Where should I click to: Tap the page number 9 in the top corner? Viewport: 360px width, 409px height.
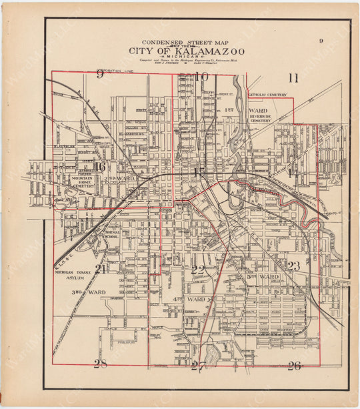pyautogui.click(x=321, y=41)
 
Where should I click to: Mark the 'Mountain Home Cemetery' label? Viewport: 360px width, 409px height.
pyautogui.click(x=83, y=182)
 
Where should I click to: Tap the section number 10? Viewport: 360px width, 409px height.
pyautogui.click(x=201, y=77)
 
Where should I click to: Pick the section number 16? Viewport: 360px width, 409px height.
pyautogui.click(x=100, y=167)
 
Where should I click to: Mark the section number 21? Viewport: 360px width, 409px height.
pyautogui.click(x=101, y=269)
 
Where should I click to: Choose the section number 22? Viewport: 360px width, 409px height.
pyautogui.click(x=198, y=270)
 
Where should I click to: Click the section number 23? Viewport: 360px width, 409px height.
pyautogui.click(x=293, y=266)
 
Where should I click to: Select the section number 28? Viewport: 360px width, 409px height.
pyautogui.click(x=100, y=364)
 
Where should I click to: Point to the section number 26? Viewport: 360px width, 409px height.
pyautogui.click(x=294, y=366)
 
